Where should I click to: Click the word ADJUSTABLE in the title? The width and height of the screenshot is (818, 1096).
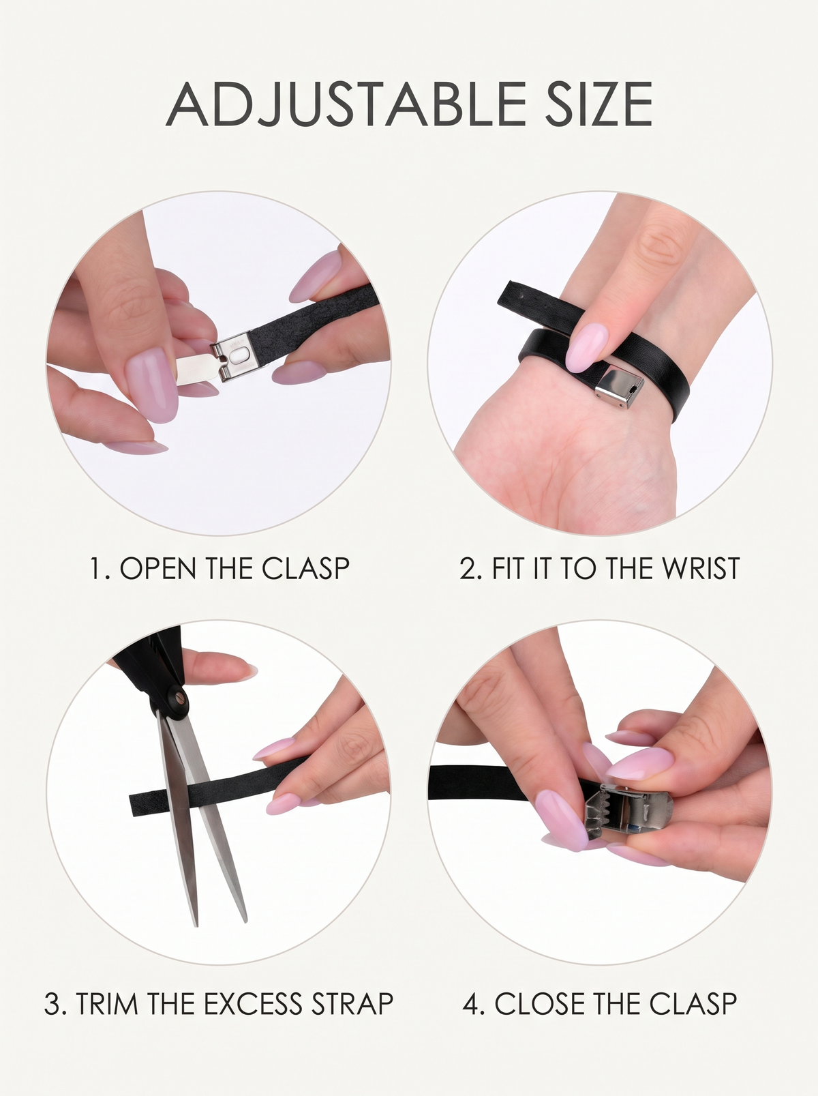(x=346, y=104)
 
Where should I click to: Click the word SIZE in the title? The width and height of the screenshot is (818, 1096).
(x=599, y=104)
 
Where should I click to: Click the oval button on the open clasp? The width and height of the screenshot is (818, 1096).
(x=239, y=355)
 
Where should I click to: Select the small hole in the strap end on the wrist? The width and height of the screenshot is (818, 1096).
(x=523, y=296)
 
